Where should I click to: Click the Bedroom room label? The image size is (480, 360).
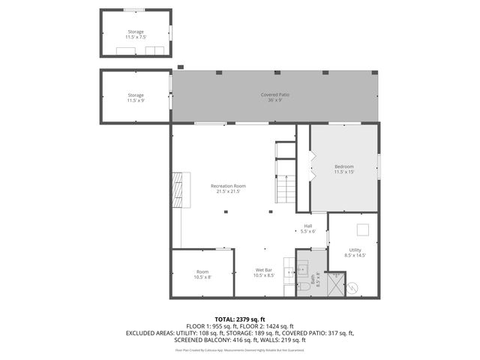[x=343, y=169]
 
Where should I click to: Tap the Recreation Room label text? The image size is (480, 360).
[x=228, y=188]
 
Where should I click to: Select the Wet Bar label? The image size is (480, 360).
[x=264, y=272]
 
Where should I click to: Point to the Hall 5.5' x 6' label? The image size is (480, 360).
[x=308, y=229]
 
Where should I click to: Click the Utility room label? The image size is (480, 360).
[x=355, y=252]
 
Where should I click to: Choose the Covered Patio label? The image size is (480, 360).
[x=274, y=97]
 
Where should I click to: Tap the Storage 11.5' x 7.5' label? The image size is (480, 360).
[x=135, y=34]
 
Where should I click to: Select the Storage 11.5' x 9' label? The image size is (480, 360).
[x=135, y=97]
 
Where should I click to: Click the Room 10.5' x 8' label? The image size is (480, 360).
[x=202, y=274]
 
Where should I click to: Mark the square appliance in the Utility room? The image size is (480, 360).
[x=363, y=230]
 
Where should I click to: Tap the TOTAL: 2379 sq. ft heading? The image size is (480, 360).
[x=240, y=319]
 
